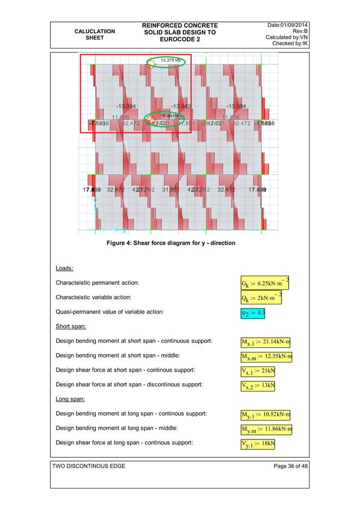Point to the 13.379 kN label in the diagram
pos(171,61)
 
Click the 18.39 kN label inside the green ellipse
pos(169,115)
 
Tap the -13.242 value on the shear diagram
pos(182,106)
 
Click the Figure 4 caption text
pos(171,243)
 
